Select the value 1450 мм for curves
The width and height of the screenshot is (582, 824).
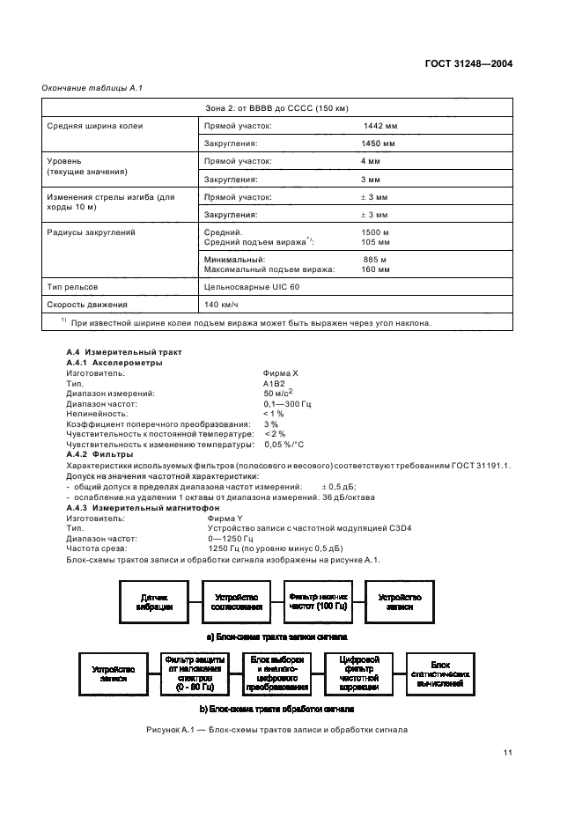click(x=379, y=143)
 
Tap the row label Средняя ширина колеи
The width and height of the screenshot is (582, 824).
click(x=95, y=126)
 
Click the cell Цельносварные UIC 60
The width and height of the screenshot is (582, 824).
click(x=247, y=287)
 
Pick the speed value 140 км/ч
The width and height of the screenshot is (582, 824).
click(x=221, y=305)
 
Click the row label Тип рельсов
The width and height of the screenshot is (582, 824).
click(x=72, y=287)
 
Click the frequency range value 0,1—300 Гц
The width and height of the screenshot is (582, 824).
click(x=288, y=404)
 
